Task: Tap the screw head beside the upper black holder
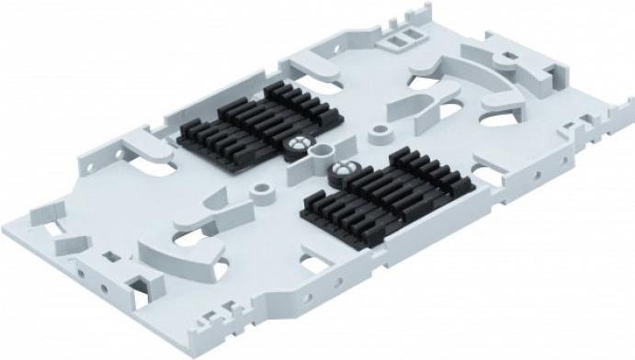point(299,144)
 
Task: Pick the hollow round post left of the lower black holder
point(264,191)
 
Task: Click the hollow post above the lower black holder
point(377,135)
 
